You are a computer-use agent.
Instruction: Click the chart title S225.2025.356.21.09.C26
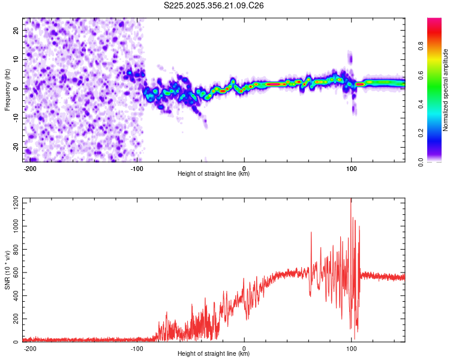point(214,5)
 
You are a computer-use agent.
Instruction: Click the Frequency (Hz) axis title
point(7,89)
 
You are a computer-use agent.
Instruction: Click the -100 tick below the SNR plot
point(137,349)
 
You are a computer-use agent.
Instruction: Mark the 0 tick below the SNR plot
point(244,349)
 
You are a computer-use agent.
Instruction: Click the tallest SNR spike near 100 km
point(351,200)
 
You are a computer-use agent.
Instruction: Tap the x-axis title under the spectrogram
point(213,174)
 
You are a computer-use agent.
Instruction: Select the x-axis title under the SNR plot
point(213,354)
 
